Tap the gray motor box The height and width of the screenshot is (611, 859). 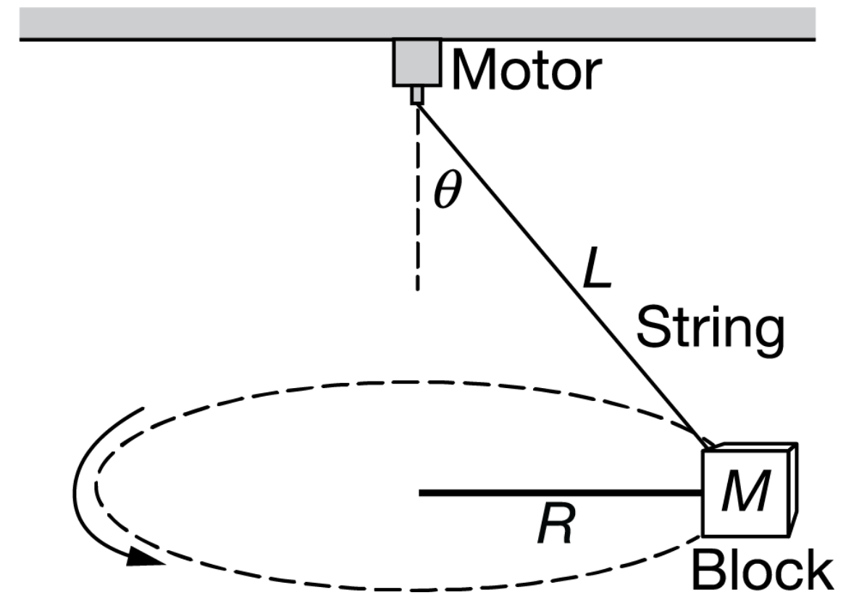tap(416, 62)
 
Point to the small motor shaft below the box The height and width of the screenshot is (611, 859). tap(416, 96)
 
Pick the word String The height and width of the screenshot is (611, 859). tap(710, 330)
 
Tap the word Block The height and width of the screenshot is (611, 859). tap(760, 571)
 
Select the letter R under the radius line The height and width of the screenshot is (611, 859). tap(555, 525)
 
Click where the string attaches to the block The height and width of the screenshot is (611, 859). tap(705, 442)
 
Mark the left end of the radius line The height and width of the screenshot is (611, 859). tap(421, 493)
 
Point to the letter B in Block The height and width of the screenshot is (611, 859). tap(708, 571)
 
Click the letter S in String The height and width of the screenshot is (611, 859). tap(653, 330)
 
